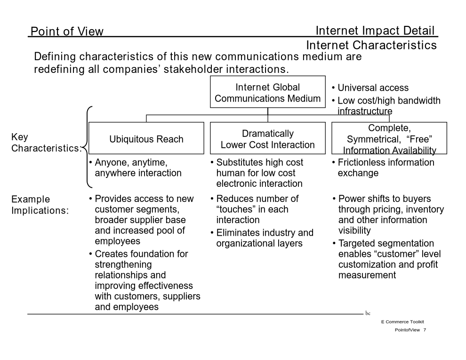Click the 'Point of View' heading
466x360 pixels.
coord(67,31)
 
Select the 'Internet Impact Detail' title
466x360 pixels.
coord(375,31)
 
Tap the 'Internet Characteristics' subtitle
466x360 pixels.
coord(371,45)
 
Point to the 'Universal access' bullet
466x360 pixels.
coord(370,88)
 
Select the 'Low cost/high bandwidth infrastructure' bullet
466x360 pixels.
coord(386,106)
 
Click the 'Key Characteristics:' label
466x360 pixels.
coord(46,143)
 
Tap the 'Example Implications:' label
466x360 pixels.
coord(40,205)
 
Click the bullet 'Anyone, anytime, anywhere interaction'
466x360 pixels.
coord(135,168)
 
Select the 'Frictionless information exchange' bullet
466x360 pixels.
coord(383,168)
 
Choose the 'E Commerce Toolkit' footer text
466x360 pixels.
coord(403,322)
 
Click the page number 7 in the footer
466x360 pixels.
coord(425,330)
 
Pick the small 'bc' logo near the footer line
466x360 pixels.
coord(368,313)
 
